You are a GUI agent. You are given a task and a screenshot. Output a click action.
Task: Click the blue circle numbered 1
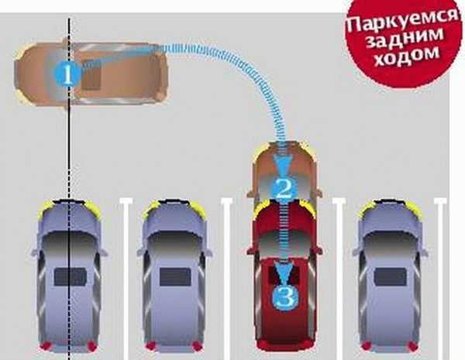click(68, 74)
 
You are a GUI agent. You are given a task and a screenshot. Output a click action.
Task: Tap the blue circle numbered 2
click(284, 189)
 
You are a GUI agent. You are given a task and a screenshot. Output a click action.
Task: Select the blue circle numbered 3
click(285, 297)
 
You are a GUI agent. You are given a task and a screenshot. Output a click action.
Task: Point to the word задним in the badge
click(405, 39)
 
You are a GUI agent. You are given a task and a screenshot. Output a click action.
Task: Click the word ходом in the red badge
click(407, 57)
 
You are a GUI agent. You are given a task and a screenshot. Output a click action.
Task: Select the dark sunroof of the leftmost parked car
click(70, 276)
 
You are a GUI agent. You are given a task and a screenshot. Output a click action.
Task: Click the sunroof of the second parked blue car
click(175, 276)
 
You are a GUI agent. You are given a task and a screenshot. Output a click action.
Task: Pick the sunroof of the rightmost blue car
click(391, 276)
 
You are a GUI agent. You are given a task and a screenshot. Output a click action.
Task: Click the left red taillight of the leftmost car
click(46, 345)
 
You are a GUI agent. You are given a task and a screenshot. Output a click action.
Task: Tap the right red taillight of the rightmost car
click(412, 345)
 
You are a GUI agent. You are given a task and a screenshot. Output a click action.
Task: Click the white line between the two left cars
click(126, 279)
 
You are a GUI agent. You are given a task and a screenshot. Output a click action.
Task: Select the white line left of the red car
click(228, 279)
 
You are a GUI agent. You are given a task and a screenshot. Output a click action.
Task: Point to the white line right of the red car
click(339, 279)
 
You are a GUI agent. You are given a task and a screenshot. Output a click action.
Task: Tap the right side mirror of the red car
click(319, 250)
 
